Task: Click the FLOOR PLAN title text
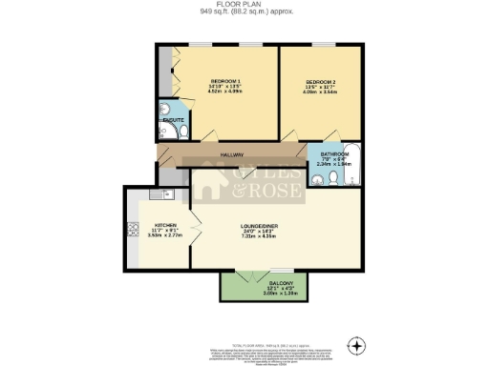244,5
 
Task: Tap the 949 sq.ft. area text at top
244,12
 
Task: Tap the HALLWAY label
231,154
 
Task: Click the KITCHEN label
165,225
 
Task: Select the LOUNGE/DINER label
259,225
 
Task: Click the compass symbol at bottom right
357,344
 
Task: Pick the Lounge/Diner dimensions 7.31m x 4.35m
259,236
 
